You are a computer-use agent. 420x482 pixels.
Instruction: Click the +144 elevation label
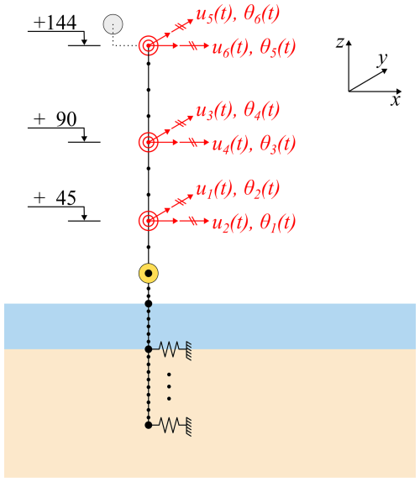click(x=55, y=23)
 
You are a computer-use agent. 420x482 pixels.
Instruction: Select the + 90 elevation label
click(x=55, y=119)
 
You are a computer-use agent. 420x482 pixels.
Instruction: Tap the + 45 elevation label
click(x=55, y=198)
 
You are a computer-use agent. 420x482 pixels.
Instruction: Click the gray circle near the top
click(x=113, y=24)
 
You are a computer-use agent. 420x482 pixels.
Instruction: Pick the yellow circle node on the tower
click(x=149, y=273)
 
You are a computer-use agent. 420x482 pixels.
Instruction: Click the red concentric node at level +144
click(x=148, y=45)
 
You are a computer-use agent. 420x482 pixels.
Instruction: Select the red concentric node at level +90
click(x=148, y=142)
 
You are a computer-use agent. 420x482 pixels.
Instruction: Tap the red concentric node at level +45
click(x=148, y=221)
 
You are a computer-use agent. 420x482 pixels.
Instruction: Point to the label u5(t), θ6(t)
click(x=238, y=15)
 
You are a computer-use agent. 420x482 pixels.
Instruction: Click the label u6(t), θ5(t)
click(x=254, y=48)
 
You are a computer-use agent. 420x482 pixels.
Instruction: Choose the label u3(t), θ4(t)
click(x=238, y=111)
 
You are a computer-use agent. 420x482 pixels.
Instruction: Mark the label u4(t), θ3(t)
click(x=254, y=144)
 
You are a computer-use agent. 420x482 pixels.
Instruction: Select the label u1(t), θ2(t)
click(x=238, y=190)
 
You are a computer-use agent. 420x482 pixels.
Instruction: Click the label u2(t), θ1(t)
click(x=254, y=223)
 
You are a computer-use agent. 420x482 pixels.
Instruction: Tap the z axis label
click(x=339, y=43)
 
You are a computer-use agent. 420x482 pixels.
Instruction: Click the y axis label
click(x=382, y=59)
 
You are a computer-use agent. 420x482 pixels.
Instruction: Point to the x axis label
click(x=396, y=101)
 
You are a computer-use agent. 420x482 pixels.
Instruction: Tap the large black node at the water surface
click(x=149, y=304)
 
